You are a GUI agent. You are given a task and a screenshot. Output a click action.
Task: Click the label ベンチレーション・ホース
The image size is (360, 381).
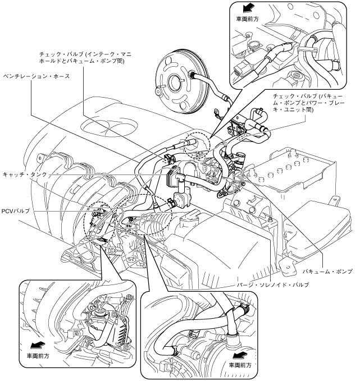pyautogui.click(x=37, y=76)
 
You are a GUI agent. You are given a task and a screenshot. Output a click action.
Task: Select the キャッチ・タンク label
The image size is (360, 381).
pyautogui.click(x=25, y=174)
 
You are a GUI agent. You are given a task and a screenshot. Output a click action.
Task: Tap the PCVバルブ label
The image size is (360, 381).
pyautogui.click(x=16, y=211)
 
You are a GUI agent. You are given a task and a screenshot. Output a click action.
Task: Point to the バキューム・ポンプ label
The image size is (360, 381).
pyautogui.click(x=327, y=272)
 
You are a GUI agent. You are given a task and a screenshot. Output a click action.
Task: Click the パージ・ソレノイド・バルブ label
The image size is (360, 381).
pyautogui.click(x=273, y=284)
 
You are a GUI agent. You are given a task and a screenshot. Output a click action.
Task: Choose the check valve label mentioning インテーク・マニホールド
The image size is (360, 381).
pyautogui.click(x=85, y=57)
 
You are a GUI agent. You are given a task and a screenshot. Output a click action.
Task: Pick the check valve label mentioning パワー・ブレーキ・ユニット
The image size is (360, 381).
pyautogui.click(x=309, y=103)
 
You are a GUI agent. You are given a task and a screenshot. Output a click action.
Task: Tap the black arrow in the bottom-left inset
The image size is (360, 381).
pyautogui.click(x=38, y=345)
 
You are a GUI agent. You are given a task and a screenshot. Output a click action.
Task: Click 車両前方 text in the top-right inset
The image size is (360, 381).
pyautogui.click(x=247, y=19)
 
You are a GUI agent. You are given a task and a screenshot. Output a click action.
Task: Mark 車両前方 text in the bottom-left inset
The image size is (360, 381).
pyautogui.click(x=38, y=356)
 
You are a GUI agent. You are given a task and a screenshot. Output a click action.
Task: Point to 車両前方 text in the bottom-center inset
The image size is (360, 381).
pyautogui.click(x=240, y=365)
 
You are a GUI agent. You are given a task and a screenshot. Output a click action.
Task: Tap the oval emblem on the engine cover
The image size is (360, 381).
pyautogui.click(x=109, y=126)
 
